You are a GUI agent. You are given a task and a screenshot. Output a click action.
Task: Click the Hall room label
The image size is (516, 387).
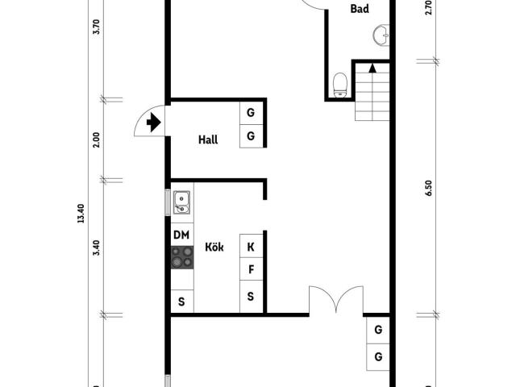208,139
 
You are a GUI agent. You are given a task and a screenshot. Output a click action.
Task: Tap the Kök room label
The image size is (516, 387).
214,247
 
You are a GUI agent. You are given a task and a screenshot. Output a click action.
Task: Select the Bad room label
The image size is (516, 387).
360,9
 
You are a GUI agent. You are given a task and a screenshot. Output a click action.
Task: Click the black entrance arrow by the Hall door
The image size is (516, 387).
154,123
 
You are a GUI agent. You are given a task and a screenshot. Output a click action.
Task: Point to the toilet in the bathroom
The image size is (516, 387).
340,85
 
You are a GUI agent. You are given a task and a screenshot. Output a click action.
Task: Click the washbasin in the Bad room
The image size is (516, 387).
381,35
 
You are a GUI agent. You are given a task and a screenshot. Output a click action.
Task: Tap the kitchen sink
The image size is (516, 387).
181,202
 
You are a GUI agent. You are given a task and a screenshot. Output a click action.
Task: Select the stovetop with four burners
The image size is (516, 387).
182,257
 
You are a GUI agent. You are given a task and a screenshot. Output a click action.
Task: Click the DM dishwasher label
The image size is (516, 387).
181,235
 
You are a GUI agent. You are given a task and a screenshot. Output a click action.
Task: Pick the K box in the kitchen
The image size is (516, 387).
251,246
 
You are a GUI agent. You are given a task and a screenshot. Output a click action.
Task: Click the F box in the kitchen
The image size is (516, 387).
251,269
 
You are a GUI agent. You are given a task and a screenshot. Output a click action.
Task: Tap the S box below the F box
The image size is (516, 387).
251,296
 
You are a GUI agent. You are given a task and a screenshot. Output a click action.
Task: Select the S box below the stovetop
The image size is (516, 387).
182,301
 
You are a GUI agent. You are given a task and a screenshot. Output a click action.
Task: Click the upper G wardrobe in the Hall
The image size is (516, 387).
251,113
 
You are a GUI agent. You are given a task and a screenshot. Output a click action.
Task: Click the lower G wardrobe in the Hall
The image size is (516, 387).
251,136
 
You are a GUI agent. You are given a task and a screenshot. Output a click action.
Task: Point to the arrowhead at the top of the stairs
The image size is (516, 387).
372,68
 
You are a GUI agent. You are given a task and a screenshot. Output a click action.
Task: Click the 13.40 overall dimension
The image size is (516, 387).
81,214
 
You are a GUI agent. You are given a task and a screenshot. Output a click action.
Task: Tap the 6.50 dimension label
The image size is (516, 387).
428,188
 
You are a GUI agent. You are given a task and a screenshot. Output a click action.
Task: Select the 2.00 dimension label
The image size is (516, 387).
96,139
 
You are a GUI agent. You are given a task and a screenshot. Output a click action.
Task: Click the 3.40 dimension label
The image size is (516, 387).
96,248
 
